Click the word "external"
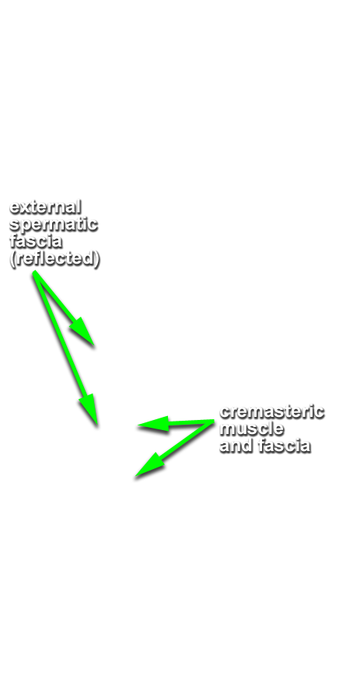[x=45, y=207]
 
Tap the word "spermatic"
[x=53, y=225]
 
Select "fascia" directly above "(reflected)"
[x=35, y=242]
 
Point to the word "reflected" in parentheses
[x=54, y=259]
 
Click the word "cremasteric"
[x=271, y=411]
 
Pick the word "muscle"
[x=252, y=429]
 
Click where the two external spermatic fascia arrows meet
[x=34, y=272]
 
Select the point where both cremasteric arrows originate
[x=214, y=421]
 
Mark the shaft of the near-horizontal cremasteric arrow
[x=190, y=422]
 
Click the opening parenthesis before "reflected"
[x=12, y=259]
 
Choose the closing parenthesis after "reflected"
[x=96, y=259]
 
